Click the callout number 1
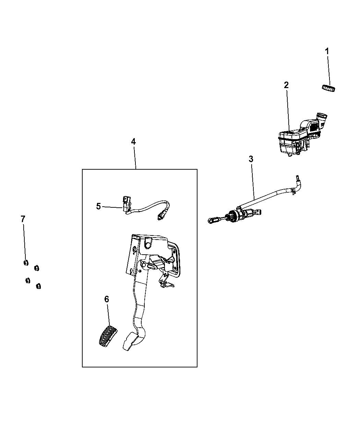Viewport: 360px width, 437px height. (327, 51)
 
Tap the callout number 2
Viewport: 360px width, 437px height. (286, 85)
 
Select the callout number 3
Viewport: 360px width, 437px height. (251, 159)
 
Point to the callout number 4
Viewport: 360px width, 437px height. (133, 142)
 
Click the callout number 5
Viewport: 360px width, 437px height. (98, 206)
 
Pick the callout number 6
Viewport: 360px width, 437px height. (107, 299)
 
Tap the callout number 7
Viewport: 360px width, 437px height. (23, 219)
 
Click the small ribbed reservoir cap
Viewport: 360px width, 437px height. (328, 88)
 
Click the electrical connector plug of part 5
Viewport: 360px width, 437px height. (127, 204)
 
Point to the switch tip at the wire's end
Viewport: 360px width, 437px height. (160, 217)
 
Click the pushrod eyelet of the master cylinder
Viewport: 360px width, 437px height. (211, 220)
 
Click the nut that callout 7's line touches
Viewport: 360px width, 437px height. (26, 263)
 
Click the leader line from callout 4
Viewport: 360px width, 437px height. (135, 157)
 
